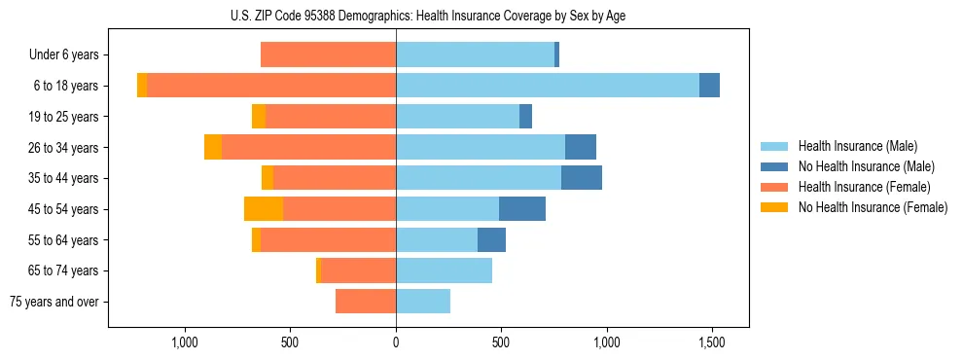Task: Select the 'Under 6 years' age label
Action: coord(64,55)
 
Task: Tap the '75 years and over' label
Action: coord(54,302)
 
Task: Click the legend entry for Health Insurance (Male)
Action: coord(857,146)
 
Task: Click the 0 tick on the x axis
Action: coord(396,342)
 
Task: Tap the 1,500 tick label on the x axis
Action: coord(712,342)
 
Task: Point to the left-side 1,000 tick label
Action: coord(185,342)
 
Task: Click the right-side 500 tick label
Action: coord(501,342)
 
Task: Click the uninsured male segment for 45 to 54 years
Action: coord(522,209)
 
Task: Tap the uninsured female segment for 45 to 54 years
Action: coord(264,209)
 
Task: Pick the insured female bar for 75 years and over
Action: coord(366,302)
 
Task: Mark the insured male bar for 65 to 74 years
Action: coord(444,270)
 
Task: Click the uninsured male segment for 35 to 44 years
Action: coord(582,178)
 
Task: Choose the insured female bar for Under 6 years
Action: coord(328,55)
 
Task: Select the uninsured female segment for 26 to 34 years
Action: coord(213,147)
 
